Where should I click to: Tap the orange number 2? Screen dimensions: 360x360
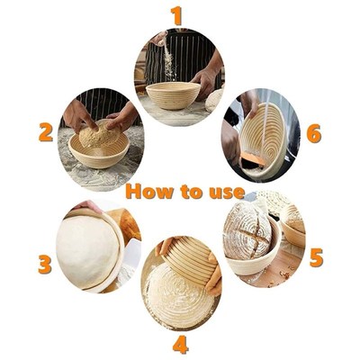[45, 132]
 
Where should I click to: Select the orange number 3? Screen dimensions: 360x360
[44, 265]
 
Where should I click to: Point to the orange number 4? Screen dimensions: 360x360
[180, 344]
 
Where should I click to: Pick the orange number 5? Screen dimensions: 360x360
[316, 257]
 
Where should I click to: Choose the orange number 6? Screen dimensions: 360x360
[313, 132]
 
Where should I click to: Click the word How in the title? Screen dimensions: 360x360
[148, 192]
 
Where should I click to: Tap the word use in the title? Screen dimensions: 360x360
[225, 192]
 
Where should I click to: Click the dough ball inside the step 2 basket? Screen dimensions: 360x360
[98, 138]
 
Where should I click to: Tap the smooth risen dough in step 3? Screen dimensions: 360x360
[87, 250]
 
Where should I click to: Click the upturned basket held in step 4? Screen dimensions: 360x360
[188, 260]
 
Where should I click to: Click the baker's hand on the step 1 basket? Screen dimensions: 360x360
[205, 83]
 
